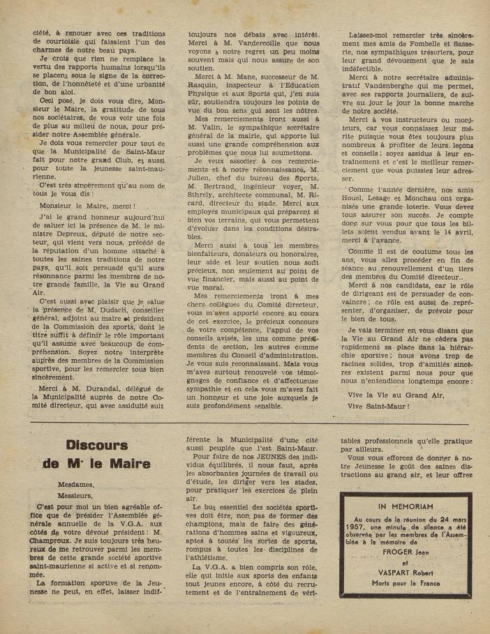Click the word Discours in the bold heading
(96, 445)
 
